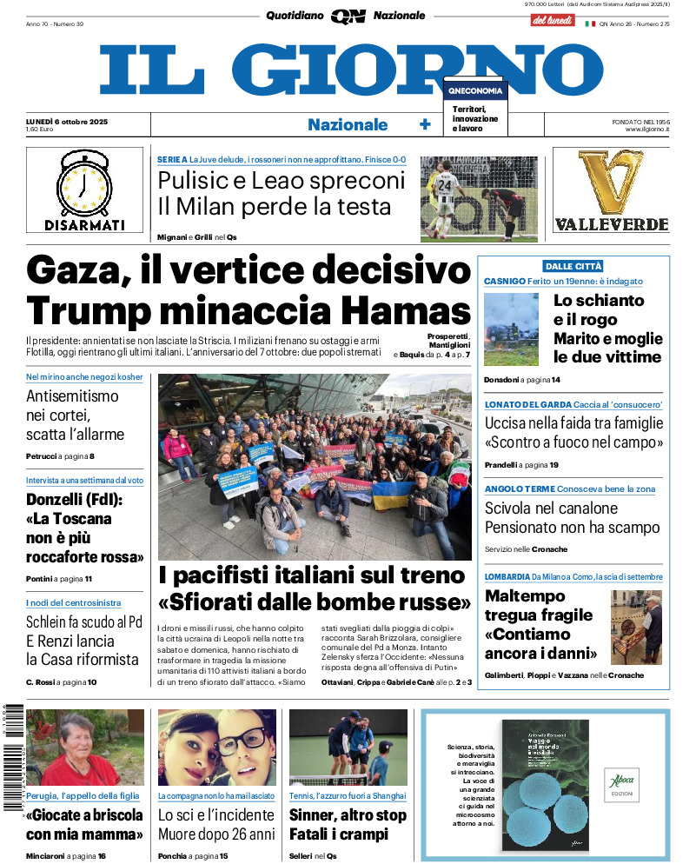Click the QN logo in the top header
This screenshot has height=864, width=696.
click(348, 16)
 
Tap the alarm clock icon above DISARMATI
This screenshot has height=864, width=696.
click(84, 183)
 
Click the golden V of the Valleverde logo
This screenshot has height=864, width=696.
click(611, 183)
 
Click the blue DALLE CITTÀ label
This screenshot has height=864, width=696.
click(573, 266)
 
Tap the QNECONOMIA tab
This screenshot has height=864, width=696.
click(475, 90)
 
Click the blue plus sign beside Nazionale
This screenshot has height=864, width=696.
click(425, 124)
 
